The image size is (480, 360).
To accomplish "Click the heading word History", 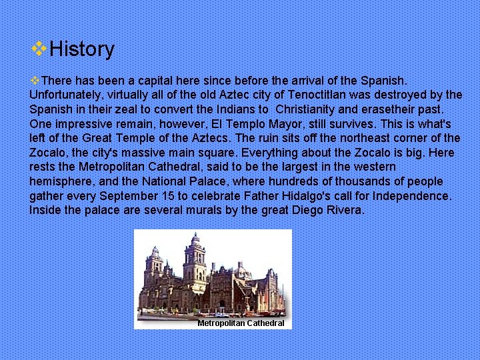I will click(x=82, y=49).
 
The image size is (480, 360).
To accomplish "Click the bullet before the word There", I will click(x=35, y=79).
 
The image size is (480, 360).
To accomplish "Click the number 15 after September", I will click(x=164, y=196).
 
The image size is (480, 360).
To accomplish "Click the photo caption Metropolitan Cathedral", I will click(x=241, y=323).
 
